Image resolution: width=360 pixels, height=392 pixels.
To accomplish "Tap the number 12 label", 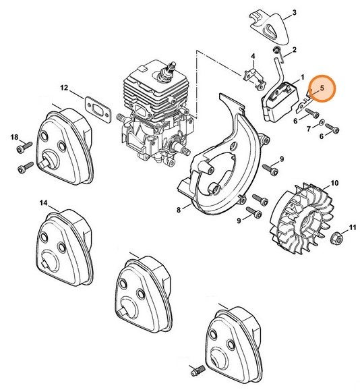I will click(x=83, y=88).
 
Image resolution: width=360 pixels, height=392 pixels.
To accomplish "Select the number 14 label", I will click(x=44, y=202).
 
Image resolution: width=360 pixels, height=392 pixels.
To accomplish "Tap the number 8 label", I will click(x=179, y=211).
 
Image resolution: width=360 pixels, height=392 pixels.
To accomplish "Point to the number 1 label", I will click(x=302, y=78).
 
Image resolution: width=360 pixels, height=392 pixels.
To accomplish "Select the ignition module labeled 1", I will click(x=276, y=101).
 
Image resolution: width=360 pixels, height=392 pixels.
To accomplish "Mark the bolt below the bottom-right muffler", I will click(x=198, y=372).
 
